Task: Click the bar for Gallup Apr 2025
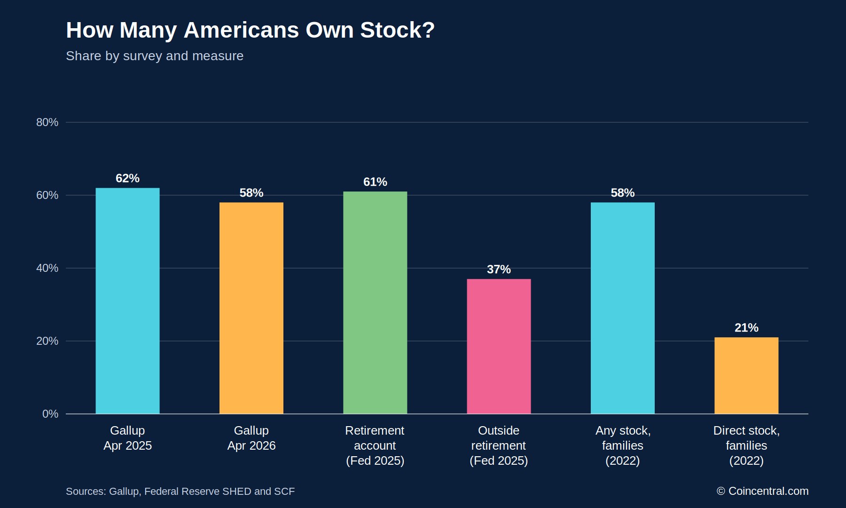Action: point(127,301)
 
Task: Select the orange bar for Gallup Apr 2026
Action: point(251,308)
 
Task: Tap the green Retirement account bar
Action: point(375,303)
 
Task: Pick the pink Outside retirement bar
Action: point(499,347)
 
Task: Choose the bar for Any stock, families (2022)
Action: point(623,308)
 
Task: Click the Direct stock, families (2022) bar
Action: point(746,376)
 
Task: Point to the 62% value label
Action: point(127,178)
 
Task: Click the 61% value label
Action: point(375,182)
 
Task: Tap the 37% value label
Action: point(499,270)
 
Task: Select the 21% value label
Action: point(746,328)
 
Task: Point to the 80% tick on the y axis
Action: point(47,122)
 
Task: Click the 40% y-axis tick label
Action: point(47,268)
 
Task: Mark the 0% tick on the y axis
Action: point(50,414)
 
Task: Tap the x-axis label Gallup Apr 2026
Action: point(251,438)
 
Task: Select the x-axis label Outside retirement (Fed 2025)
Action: point(499,445)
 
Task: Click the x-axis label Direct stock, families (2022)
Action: point(746,445)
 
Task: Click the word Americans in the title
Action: point(241,30)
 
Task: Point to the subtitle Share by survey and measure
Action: point(155,56)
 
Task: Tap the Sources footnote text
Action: point(180,492)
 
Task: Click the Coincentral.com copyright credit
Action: point(762,491)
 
